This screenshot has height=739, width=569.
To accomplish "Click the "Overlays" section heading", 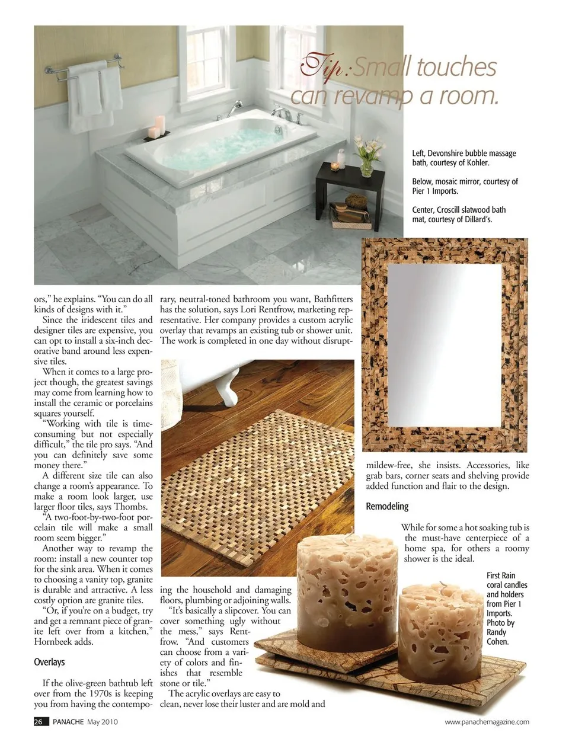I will tap(49, 662).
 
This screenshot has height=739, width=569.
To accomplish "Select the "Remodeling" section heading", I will tap(387, 506).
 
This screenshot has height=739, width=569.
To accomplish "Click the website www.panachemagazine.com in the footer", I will tap(487, 722).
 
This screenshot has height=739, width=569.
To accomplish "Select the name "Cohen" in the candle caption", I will tap(497, 642).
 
